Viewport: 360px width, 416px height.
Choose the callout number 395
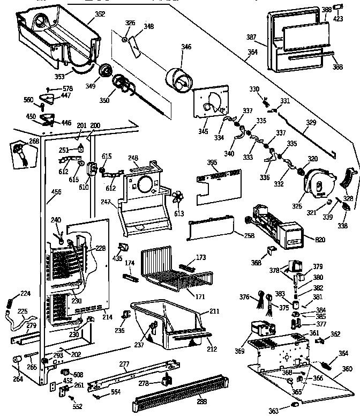tap(212, 162)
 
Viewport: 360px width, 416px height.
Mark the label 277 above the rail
tap(124, 365)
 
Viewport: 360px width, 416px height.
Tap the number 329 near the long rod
tap(311, 122)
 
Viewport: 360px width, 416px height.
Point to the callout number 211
tap(214, 311)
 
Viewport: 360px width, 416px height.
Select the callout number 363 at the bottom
tap(274, 411)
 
